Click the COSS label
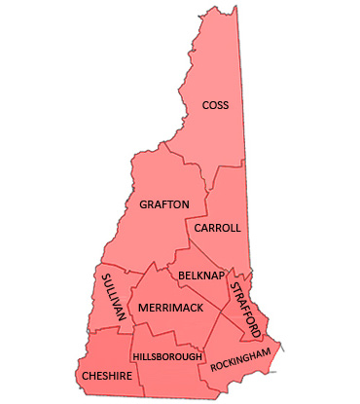point(215,105)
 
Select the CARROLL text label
point(216,228)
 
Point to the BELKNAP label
point(202,276)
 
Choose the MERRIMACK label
point(170,308)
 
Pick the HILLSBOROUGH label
point(167,357)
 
